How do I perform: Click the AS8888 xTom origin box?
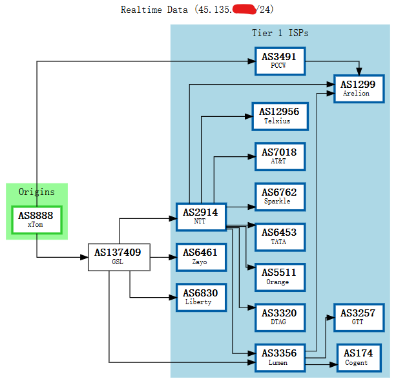(36, 220)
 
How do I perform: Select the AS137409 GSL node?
(119, 256)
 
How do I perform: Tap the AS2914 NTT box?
(200, 216)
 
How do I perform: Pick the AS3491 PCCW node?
(279, 61)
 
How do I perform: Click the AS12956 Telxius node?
(279, 116)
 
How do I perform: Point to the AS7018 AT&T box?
(279, 156)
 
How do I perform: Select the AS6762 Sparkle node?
(279, 196)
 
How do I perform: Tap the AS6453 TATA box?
(279, 236)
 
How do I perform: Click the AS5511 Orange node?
(279, 277)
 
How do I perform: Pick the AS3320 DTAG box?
(279, 317)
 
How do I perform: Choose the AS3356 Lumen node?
(279, 357)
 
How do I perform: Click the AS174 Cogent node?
(358, 357)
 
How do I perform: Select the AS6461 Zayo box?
(200, 256)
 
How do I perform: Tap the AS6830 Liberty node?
(200, 296)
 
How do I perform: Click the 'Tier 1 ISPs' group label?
(280, 33)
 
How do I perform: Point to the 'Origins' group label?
(36, 192)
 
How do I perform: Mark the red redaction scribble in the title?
(243, 9)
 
